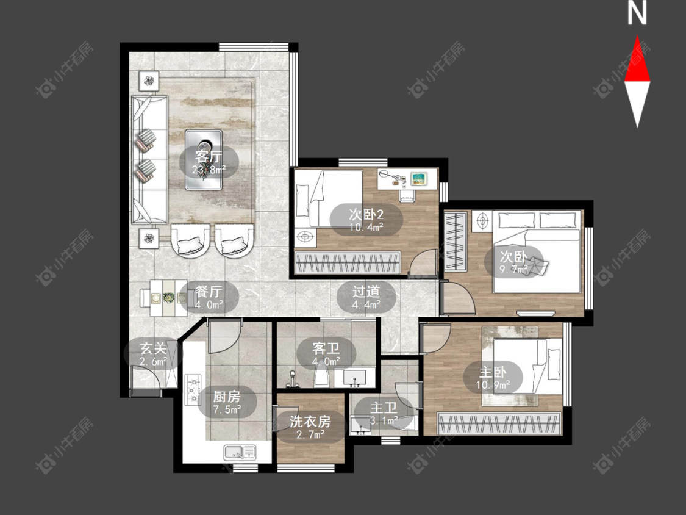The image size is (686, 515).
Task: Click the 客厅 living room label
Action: pyautogui.click(x=209, y=156)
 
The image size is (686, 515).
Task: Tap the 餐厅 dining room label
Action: pyautogui.click(x=209, y=291)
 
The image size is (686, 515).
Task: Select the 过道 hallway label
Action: pyautogui.click(x=366, y=291)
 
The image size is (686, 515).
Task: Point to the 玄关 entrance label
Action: pyautogui.click(x=153, y=348)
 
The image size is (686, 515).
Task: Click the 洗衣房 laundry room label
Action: pyautogui.click(x=310, y=421)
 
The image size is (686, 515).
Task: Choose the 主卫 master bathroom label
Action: pyautogui.click(x=384, y=408)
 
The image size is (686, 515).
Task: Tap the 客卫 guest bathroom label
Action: pyautogui.click(x=326, y=348)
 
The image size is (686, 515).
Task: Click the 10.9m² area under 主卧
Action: pyautogui.click(x=493, y=386)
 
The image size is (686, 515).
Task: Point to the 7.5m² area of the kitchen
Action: pyautogui.click(x=227, y=410)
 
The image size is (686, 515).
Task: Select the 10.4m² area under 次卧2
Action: pyautogui.click(x=366, y=227)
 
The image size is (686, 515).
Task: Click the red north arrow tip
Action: pyautogui.click(x=637, y=36)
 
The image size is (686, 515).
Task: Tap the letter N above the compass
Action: pyautogui.click(x=637, y=13)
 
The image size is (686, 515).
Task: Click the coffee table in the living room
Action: pyautogui.click(x=204, y=160)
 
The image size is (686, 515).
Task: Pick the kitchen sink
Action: pyautogui.click(x=240, y=452)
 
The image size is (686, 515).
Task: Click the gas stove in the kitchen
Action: pyautogui.click(x=193, y=389)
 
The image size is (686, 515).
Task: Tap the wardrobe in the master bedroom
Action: pyautogui.click(x=499, y=424)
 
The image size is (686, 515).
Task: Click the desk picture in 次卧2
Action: pyautogui.click(x=419, y=178)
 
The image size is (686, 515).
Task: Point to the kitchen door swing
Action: pyautogui.click(x=225, y=336)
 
